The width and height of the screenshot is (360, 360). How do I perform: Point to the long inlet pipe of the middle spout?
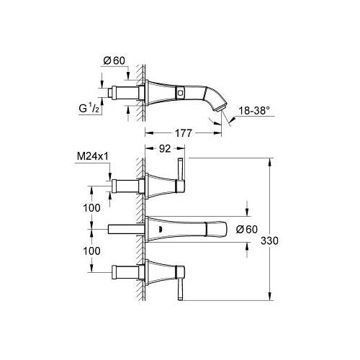123,228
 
